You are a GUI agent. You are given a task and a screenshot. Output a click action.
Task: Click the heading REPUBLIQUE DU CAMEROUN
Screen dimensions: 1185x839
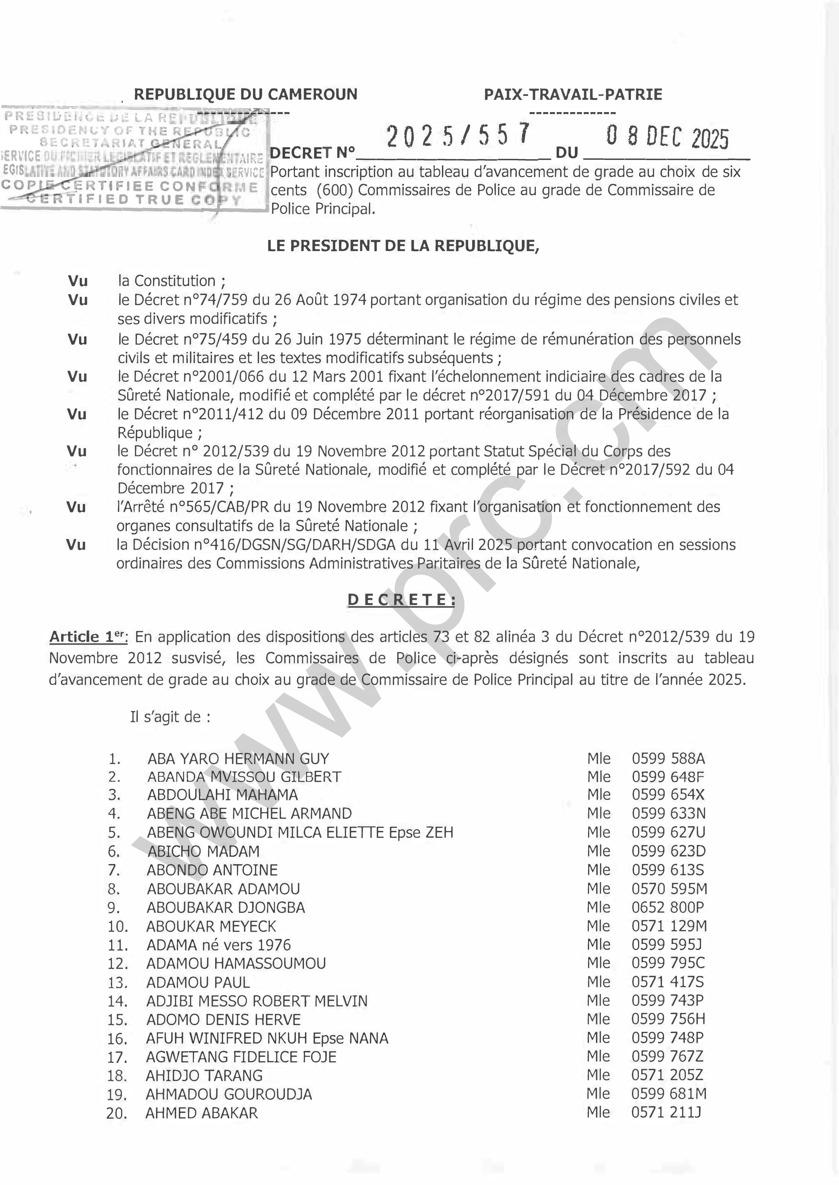(245, 95)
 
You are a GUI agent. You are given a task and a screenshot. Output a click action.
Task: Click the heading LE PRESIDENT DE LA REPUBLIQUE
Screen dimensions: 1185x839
(403, 246)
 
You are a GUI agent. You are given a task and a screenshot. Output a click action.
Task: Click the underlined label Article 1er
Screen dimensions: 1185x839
(88, 637)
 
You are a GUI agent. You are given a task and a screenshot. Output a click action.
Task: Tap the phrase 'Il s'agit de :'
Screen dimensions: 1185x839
(170, 717)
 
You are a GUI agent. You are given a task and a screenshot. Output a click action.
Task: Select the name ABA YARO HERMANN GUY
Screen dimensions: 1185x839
(238, 759)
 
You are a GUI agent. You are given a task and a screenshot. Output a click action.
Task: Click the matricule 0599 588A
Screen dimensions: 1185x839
(668, 759)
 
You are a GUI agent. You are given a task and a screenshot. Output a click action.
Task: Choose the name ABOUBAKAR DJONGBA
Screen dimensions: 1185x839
(226, 908)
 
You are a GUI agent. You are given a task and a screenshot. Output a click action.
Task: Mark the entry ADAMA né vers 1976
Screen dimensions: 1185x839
(219, 945)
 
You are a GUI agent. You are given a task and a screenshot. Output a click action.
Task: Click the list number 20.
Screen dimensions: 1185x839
(117, 1113)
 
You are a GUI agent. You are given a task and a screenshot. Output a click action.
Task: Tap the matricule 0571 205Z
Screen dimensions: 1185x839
(667, 1075)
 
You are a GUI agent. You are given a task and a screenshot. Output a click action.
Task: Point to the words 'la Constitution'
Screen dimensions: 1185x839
(167, 281)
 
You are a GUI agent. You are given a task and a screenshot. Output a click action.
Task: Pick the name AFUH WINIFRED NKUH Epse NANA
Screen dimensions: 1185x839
(267, 1038)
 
